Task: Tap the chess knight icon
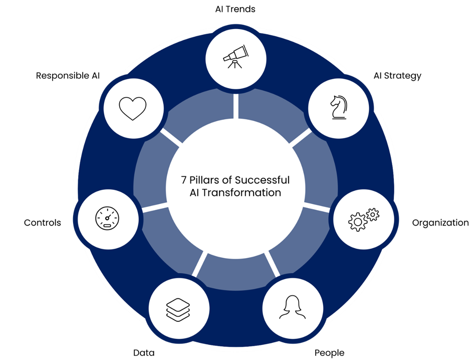pos(338,107)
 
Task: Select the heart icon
pos(132,108)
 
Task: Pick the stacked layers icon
pos(179,309)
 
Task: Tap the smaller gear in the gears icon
pos(372,215)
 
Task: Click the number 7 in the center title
pos(184,180)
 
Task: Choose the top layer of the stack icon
pos(179,302)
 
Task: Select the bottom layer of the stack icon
pos(179,317)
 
